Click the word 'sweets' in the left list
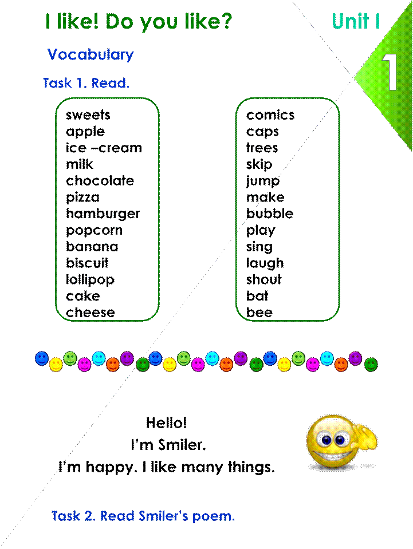88,115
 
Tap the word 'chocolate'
100,180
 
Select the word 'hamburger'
103,214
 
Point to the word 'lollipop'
90,280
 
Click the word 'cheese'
91,313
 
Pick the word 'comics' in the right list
270,115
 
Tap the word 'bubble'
270,213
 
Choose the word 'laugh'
265,263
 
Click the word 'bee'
259,313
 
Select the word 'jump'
263,181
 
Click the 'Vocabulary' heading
91,55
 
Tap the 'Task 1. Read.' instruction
86,84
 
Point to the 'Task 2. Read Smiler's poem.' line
143,516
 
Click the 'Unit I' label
356,21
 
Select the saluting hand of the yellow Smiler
364,436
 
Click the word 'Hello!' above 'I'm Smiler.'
166,423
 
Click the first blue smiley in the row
42,358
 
